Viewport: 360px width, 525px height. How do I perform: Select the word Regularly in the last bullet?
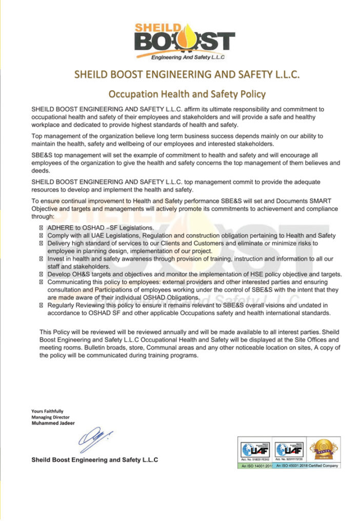pyautogui.click(x=62, y=305)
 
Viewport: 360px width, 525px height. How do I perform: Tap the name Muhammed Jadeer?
pyautogui.click(x=53, y=423)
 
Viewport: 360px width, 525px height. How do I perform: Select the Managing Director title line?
pyautogui.click(x=50, y=417)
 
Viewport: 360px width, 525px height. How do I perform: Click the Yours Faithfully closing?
pyautogui.click(x=47, y=411)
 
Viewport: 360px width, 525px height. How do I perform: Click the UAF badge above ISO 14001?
pyautogui.click(x=255, y=450)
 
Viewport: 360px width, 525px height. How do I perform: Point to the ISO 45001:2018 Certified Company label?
pyautogui.click(x=307, y=466)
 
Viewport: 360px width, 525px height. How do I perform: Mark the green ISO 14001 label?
pyautogui.click(x=255, y=466)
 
